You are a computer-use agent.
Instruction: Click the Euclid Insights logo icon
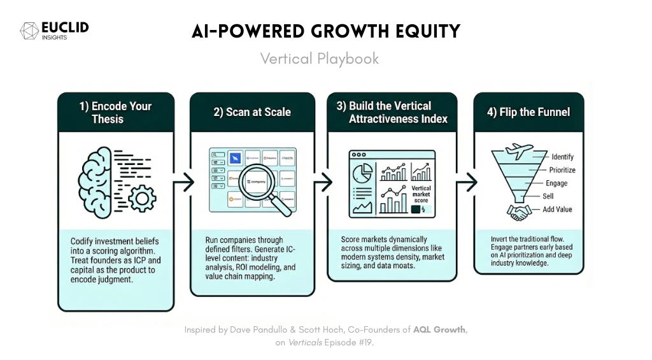tap(29, 31)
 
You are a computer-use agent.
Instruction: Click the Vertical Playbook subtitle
tap(319, 59)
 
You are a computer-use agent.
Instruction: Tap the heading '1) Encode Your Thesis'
tap(115, 113)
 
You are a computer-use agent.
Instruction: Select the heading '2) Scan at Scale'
tap(252, 112)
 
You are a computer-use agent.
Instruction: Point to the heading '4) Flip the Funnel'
tap(528, 112)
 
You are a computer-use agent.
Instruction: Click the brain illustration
tap(99, 180)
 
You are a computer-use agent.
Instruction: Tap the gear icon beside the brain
tap(141, 198)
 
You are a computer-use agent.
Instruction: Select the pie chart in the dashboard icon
tap(362, 173)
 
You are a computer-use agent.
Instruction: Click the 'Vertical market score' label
tap(421, 194)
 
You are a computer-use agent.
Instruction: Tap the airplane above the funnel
tap(519, 151)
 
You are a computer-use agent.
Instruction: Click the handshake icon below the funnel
tap(518, 212)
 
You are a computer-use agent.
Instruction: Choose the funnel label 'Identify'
tap(562, 157)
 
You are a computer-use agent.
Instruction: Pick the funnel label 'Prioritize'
tap(562, 170)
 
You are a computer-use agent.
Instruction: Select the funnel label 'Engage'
tap(556, 184)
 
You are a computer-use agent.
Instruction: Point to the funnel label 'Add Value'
tap(558, 210)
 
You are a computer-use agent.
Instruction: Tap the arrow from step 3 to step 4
tap(465, 182)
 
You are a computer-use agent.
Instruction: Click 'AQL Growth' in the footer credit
tap(439, 329)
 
